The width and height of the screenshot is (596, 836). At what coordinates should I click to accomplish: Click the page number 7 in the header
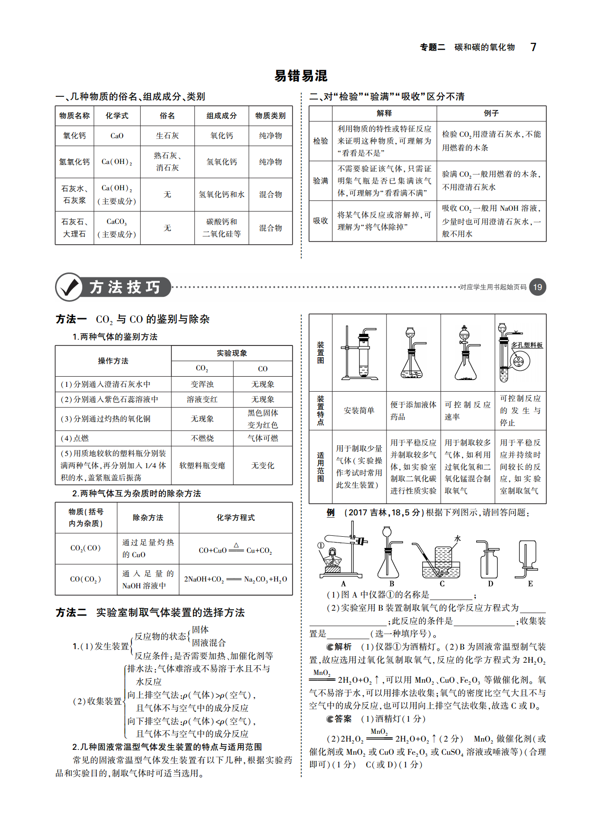[533, 47]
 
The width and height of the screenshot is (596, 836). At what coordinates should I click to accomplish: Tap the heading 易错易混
[300, 76]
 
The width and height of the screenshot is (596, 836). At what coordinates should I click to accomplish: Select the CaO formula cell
[117, 136]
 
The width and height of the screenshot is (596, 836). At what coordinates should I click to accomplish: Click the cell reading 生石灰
[167, 136]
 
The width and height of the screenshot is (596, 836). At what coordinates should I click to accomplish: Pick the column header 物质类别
[270, 116]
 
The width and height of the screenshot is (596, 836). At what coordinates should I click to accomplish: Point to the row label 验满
[320, 181]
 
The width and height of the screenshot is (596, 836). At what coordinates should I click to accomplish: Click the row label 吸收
[320, 221]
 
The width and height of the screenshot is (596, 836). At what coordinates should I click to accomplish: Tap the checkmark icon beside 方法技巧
[69, 287]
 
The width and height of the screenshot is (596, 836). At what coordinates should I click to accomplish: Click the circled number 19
[537, 287]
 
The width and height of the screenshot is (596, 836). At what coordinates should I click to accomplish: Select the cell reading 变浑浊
[202, 384]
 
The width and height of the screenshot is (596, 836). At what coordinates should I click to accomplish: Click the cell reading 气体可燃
[262, 438]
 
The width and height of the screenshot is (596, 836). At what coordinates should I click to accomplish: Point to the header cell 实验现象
[232, 353]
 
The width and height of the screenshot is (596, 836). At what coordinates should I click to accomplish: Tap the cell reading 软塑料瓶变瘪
[202, 466]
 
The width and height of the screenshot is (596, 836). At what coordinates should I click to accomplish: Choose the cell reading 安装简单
[359, 411]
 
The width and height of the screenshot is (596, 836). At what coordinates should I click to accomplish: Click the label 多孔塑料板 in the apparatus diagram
[527, 345]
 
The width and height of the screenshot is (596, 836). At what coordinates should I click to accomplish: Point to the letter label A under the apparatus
[343, 583]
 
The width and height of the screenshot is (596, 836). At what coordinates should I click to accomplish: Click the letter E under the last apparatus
[530, 583]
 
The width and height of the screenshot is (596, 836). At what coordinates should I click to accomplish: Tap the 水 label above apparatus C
[457, 539]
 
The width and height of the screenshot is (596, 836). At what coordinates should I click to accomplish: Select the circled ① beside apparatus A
[321, 545]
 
